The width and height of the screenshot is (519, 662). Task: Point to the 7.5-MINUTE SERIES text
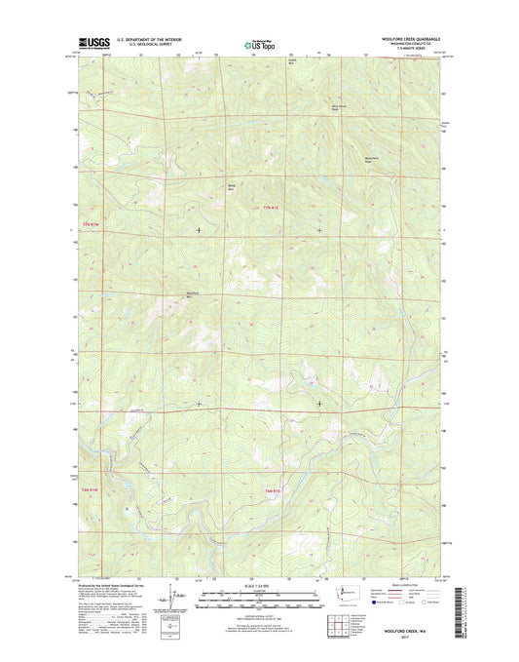point(410,50)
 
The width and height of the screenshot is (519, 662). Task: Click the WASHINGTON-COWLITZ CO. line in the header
point(410,45)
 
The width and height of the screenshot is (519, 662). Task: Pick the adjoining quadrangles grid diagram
point(336,623)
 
